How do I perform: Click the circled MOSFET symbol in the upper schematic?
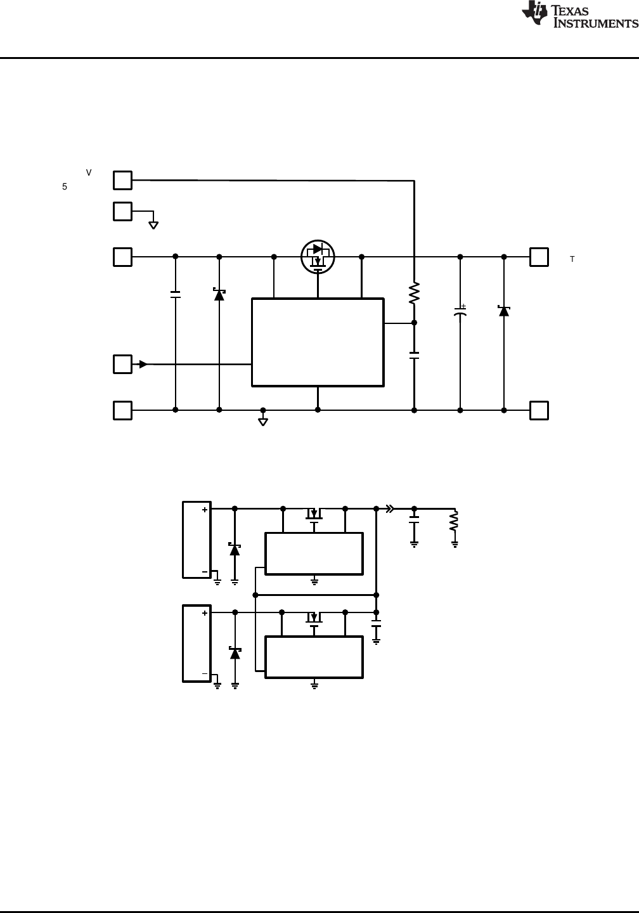tap(318, 257)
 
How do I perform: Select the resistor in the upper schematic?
tap(414, 294)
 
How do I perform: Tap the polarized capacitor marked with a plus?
tap(460, 313)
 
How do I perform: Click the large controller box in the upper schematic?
tap(318, 342)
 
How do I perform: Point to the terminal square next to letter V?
tap(122, 180)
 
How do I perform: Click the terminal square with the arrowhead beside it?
tap(122, 364)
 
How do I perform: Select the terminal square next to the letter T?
tap(539, 257)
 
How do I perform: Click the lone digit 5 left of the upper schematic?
tap(65, 187)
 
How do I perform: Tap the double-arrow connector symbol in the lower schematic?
tap(390, 508)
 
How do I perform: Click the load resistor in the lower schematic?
tap(454, 521)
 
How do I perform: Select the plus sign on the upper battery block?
tap(205, 510)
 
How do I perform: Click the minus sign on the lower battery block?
tap(205, 674)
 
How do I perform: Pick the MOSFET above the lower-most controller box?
tap(314, 618)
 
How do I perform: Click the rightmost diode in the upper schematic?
tap(504, 311)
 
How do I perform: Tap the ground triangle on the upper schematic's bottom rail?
tap(263, 421)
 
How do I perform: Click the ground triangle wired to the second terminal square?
tap(153, 224)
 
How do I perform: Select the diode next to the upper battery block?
tap(235, 549)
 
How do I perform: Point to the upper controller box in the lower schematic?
tap(314, 554)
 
